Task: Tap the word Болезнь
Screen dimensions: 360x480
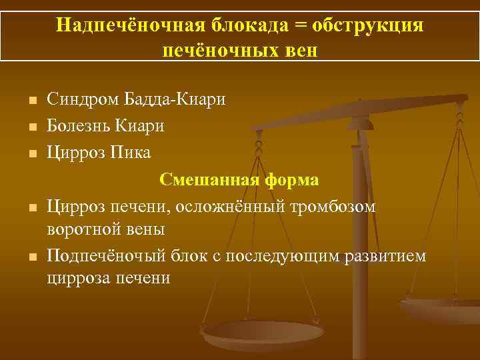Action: tap(79, 125)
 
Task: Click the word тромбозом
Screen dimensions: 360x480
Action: tap(336, 207)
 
